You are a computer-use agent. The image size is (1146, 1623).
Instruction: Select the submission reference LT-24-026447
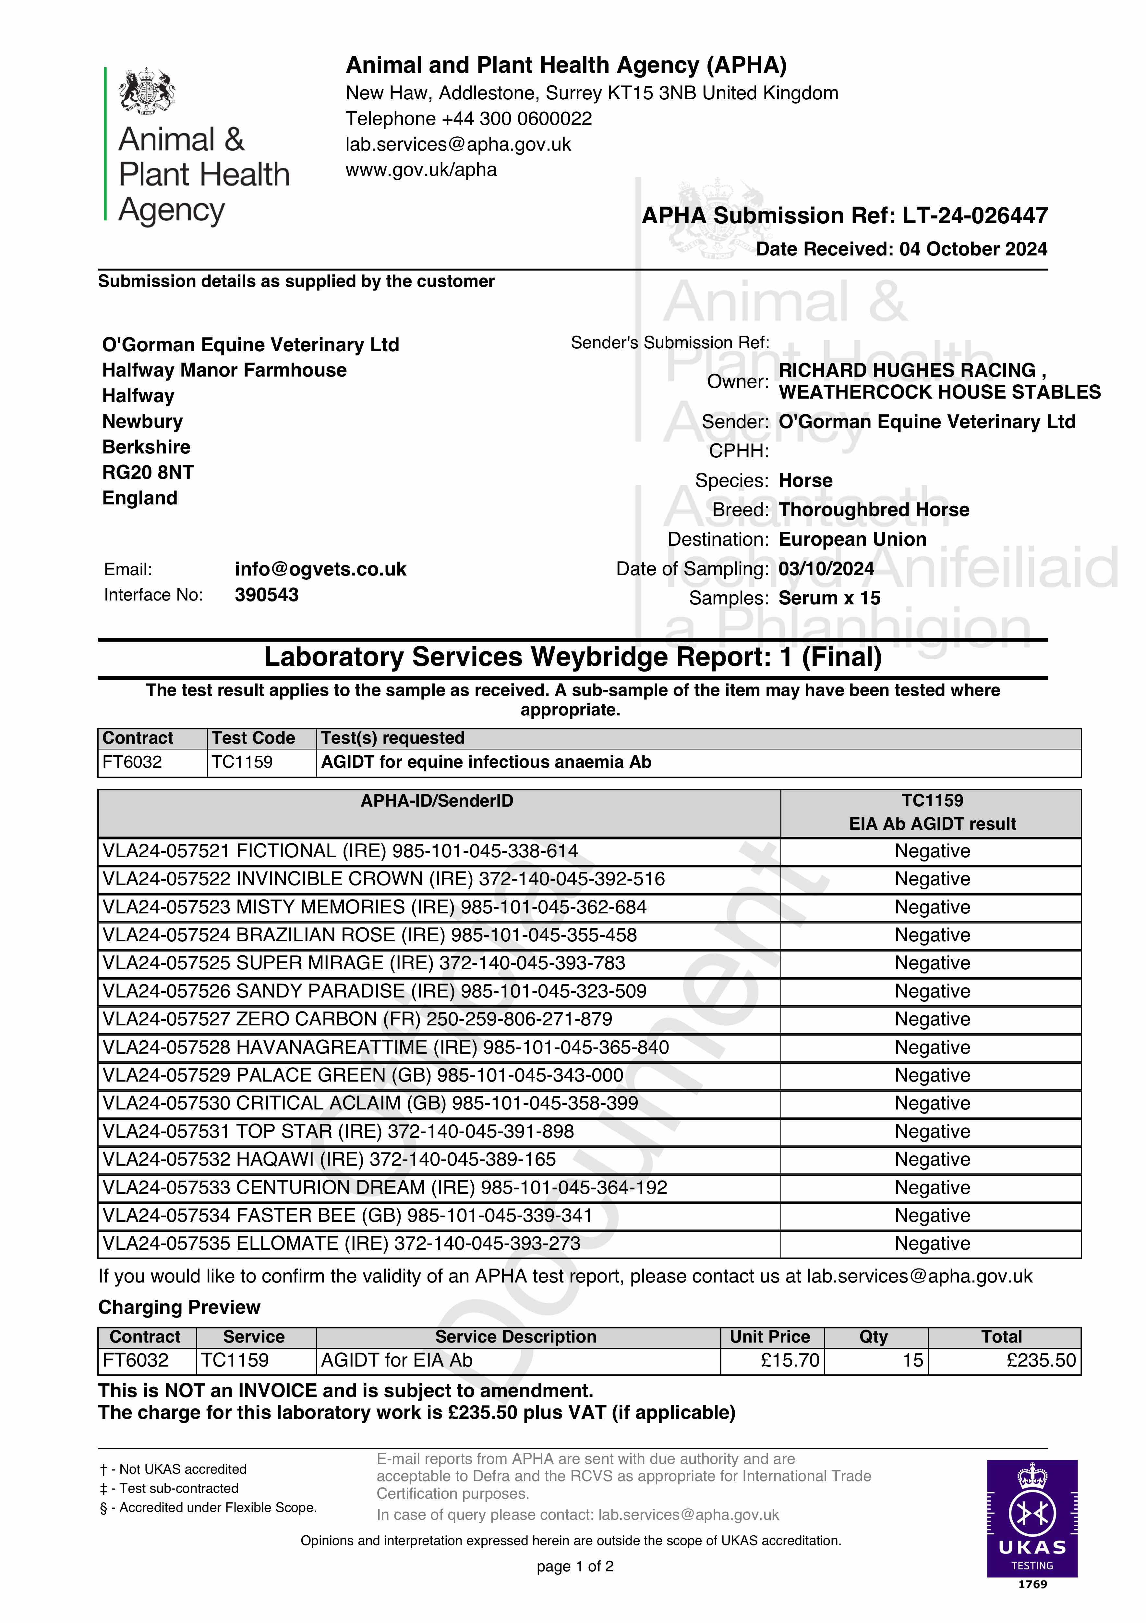[x=975, y=216]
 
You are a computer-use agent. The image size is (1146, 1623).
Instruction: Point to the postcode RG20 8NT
[x=148, y=472]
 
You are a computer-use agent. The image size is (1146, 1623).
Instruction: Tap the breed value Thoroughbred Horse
[x=873, y=510]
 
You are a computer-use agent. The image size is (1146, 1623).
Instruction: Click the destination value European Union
[x=852, y=539]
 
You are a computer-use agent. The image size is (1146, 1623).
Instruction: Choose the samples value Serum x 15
[x=829, y=598]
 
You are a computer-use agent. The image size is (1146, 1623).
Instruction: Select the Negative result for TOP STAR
[x=932, y=1131]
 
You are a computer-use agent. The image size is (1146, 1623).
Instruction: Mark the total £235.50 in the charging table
[x=1041, y=1360]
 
